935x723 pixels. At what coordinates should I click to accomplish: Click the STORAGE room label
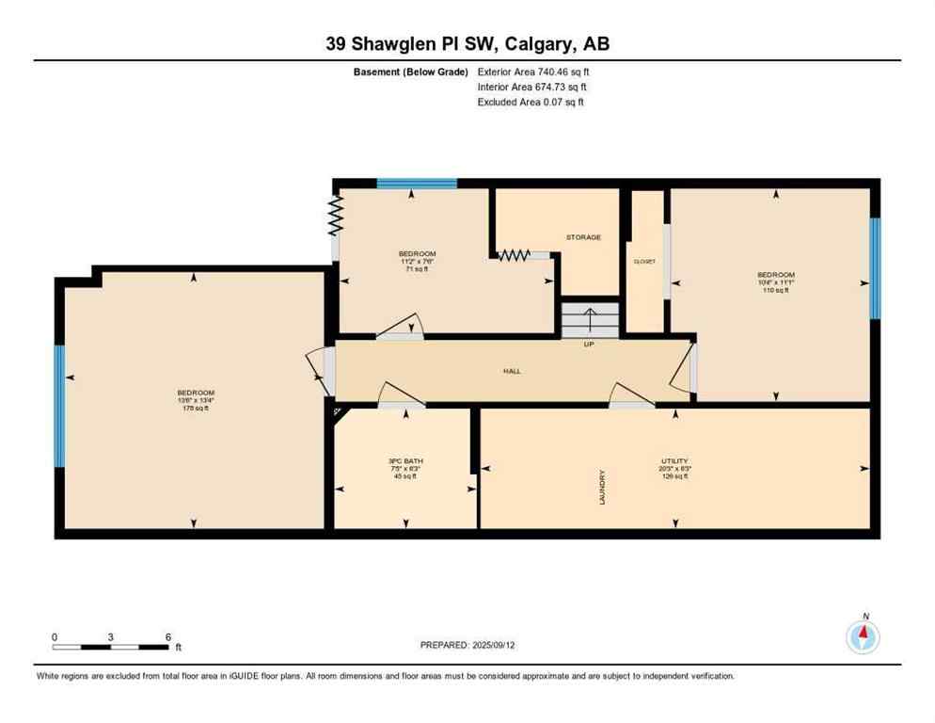point(583,237)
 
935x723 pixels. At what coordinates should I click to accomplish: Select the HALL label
point(512,371)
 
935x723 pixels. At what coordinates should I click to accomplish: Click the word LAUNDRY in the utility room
point(602,487)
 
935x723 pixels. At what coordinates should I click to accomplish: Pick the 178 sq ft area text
point(196,408)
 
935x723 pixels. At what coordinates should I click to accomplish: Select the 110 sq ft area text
point(776,290)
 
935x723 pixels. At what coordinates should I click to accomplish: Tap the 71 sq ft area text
point(417,269)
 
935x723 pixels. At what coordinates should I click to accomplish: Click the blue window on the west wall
point(59,406)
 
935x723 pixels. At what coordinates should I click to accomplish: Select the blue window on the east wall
point(875,268)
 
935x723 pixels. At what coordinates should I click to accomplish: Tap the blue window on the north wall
point(417,184)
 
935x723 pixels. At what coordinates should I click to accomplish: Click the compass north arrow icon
point(863,636)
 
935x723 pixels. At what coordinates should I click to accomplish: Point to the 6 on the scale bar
point(167,636)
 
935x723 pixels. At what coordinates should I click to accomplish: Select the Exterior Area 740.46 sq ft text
point(533,72)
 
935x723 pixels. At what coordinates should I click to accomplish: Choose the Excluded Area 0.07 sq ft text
point(531,102)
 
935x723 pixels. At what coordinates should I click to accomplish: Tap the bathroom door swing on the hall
point(402,395)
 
